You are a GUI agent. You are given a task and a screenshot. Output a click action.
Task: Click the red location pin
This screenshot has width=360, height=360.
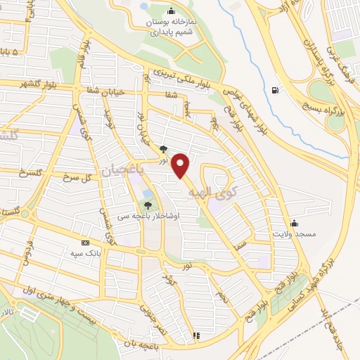[182, 165]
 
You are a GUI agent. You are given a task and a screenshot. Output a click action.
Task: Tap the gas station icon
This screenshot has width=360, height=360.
[274, 90]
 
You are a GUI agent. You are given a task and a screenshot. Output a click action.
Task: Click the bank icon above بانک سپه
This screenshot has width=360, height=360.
[86, 241]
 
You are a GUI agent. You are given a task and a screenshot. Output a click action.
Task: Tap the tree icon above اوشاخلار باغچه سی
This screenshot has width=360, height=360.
[147, 205]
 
